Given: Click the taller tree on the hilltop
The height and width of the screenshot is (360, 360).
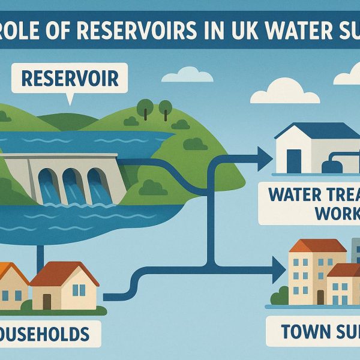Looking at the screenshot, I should (x=144, y=109).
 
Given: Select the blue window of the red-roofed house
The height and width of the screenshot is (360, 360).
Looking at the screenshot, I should (x=78, y=290).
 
